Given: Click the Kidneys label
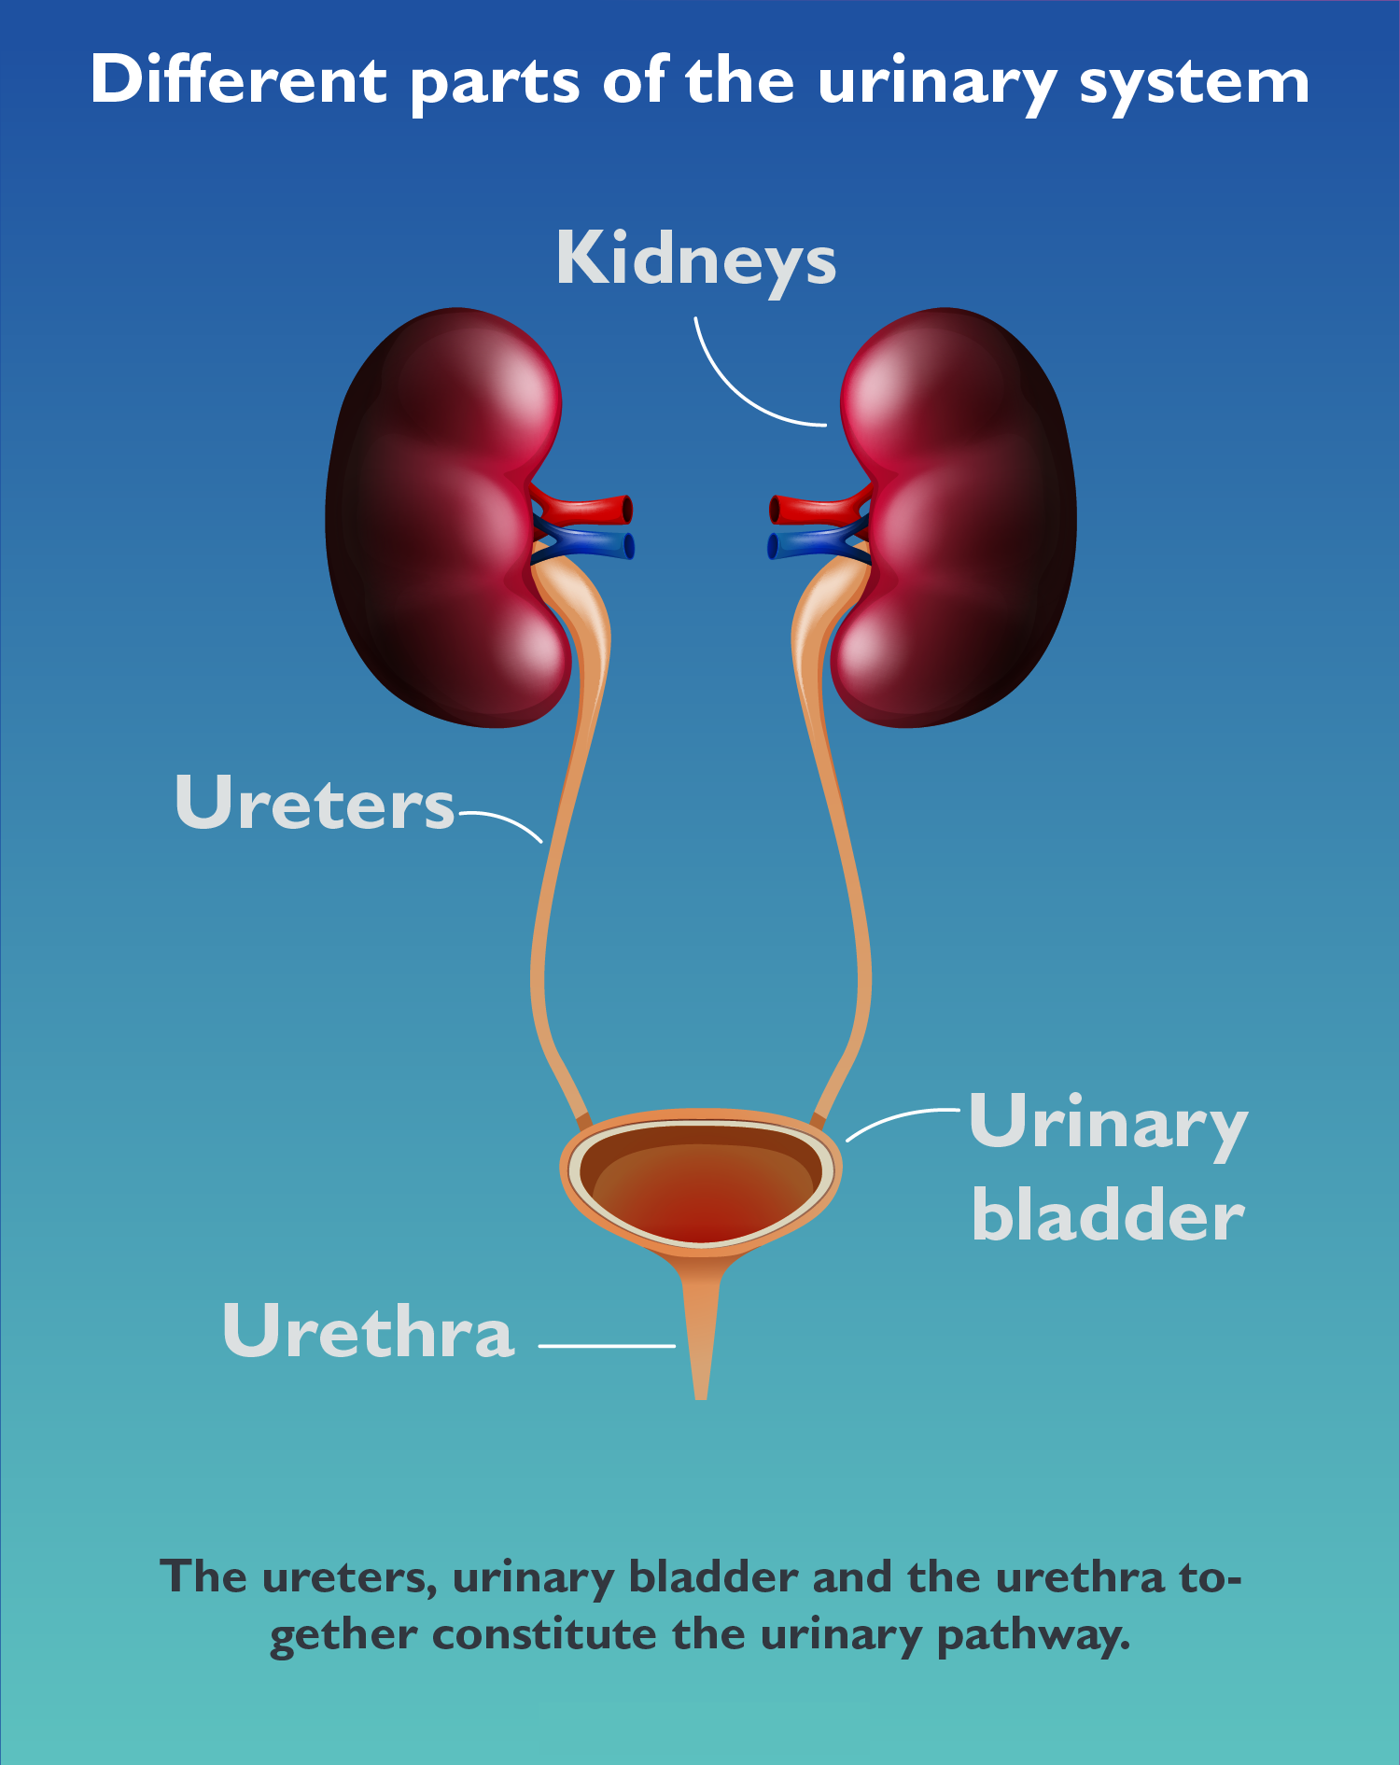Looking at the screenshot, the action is click(x=695, y=259).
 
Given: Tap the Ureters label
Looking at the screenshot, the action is click(x=315, y=802).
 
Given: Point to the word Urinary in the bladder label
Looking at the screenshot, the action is click(x=1109, y=1125).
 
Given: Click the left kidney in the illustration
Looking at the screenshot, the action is click(x=449, y=517).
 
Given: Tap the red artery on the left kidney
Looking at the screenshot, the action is click(x=582, y=507).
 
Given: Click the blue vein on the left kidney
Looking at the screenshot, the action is click(x=584, y=543).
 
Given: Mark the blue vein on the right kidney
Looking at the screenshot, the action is click(x=818, y=543).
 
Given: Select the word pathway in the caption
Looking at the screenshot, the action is click(x=1033, y=1636).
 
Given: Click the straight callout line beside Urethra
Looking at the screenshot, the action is click(x=607, y=1346).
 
